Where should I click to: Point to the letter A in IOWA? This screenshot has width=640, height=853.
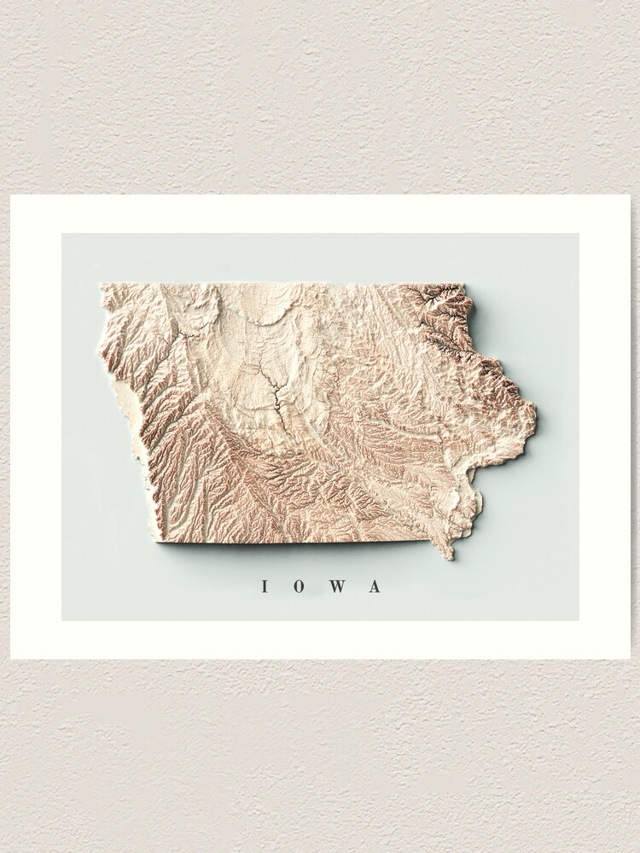coord(374,586)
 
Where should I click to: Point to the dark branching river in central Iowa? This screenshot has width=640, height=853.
coord(275,392)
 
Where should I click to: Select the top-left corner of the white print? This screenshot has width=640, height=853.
coord(11,196)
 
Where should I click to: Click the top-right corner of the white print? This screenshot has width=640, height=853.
coord(630,196)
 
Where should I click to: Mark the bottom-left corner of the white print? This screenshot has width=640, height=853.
coord(11,658)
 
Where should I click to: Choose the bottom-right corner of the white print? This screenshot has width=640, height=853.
coord(630,658)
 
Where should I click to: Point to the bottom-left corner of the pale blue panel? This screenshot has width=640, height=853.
coord(62,620)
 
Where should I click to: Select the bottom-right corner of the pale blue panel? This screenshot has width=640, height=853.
coord(579,620)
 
